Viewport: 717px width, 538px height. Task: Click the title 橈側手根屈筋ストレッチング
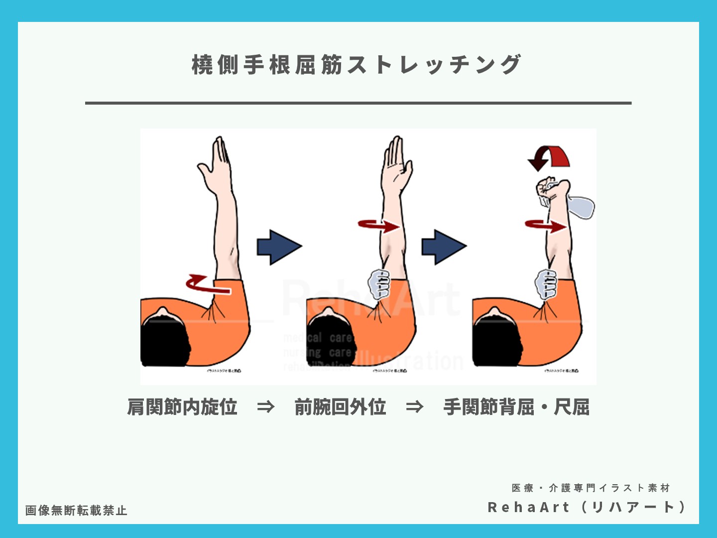357,65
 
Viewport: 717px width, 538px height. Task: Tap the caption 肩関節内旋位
182,407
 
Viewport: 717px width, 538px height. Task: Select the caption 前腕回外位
340,407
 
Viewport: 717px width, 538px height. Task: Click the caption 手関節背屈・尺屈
516,407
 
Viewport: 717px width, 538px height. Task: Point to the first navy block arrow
278,247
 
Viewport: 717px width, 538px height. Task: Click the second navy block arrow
443,247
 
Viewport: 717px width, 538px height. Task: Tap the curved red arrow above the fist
549,158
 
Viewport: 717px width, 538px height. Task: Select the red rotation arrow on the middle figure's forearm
378,226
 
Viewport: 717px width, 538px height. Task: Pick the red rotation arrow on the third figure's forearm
545,226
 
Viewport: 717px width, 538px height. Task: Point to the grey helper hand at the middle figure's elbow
379,283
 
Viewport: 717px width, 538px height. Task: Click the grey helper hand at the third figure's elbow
546,283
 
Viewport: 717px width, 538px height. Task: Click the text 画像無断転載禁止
76,510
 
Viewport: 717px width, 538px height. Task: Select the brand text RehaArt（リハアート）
587,507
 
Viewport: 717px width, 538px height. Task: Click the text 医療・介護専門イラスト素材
591,488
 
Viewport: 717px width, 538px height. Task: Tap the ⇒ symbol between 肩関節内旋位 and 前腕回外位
265,407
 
